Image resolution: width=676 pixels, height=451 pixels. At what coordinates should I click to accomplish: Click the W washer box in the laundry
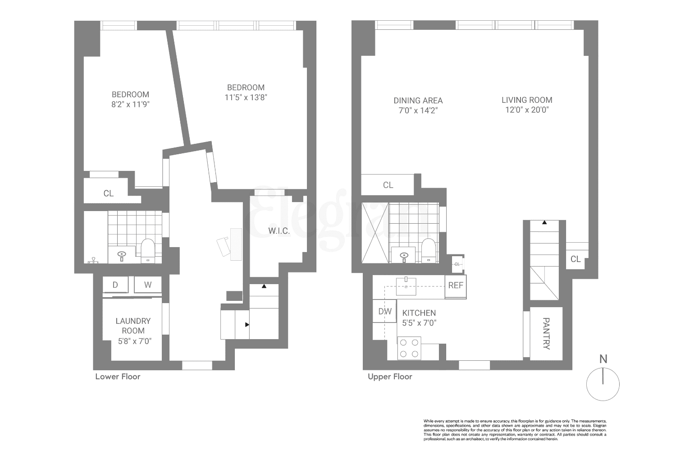click(148, 285)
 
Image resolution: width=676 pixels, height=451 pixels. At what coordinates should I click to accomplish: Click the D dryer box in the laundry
click(115, 285)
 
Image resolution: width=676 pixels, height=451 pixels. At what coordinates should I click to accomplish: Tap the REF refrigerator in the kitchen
click(456, 285)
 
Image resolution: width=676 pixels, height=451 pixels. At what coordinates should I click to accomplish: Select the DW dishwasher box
click(384, 311)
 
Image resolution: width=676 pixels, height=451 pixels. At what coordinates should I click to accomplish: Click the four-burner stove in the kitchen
click(409, 348)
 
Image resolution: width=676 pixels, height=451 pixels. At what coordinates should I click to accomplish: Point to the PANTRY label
click(546, 334)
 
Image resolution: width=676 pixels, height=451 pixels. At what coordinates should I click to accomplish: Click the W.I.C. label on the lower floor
click(279, 231)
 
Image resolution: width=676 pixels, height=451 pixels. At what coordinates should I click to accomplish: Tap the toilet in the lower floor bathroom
click(148, 250)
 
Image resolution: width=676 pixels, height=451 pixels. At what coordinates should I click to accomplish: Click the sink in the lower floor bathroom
click(122, 255)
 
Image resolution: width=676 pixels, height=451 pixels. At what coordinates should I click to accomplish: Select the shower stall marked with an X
click(375, 238)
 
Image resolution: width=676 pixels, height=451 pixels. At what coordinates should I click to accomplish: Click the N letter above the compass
click(603, 359)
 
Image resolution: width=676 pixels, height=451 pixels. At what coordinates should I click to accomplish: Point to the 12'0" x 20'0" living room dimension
click(527, 110)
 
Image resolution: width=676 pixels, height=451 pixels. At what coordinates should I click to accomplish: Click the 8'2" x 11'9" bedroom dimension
click(130, 104)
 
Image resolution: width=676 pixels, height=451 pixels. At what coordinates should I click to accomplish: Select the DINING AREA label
click(418, 101)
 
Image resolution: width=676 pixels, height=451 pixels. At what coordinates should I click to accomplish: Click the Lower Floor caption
click(118, 377)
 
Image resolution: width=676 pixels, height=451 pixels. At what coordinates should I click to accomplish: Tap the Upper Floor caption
click(390, 377)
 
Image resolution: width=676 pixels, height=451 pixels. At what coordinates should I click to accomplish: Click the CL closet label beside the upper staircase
click(576, 259)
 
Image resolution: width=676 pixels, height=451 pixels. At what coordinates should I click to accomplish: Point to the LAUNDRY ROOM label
click(133, 326)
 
